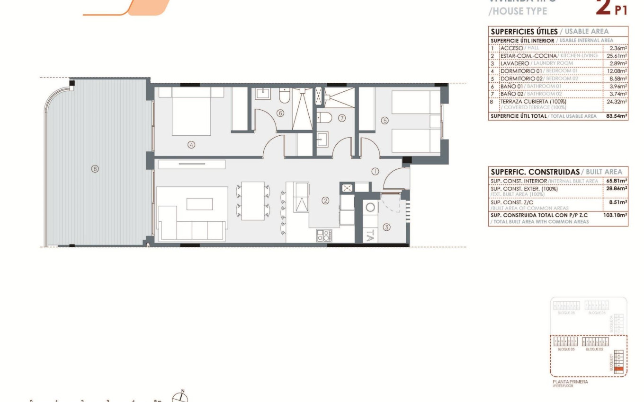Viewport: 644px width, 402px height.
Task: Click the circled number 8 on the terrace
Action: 95,168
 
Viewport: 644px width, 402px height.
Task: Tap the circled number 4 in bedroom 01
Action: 191,145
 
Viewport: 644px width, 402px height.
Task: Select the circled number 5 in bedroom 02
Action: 385,121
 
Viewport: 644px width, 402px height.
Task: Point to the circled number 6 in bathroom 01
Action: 280,113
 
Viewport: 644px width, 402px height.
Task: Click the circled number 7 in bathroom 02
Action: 342,119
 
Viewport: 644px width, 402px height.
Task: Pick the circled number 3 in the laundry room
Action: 387,227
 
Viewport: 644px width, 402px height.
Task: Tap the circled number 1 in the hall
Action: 375,171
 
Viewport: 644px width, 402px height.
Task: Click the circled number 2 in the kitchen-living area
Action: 325,201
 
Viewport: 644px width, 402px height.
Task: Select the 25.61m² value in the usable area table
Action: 617,55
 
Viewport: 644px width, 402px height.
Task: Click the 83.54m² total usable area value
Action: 616,116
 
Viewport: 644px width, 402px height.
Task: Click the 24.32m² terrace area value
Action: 617,101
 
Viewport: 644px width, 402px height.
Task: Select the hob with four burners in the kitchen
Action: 324,236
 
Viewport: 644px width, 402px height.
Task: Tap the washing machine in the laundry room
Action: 370,208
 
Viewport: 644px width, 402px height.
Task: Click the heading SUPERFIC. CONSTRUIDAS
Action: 535,172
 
